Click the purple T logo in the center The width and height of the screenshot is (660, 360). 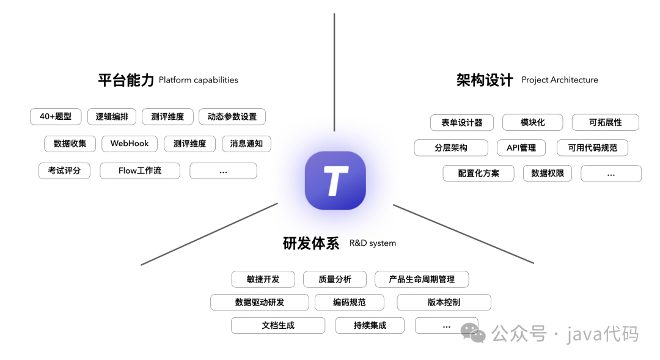(x=335, y=180)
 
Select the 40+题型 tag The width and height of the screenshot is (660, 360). (x=56, y=116)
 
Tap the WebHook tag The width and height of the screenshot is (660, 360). (x=130, y=144)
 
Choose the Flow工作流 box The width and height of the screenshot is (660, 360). (x=140, y=171)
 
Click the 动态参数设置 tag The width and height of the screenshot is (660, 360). (x=232, y=116)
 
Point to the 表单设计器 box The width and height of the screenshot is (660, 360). (x=462, y=122)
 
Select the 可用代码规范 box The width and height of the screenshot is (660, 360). (x=592, y=147)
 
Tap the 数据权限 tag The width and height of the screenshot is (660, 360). (x=548, y=173)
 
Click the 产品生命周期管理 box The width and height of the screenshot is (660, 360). (x=422, y=279)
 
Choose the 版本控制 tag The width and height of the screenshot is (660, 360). (x=444, y=302)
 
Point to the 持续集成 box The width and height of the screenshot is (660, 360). (x=370, y=325)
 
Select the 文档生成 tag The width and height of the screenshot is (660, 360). (x=278, y=325)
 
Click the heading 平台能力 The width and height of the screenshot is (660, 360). (x=126, y=80)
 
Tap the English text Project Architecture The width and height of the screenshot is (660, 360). (x=560, y=80)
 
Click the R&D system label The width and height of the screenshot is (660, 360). (x=373, y=243)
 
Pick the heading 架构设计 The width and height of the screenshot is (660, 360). (x=485, y=80)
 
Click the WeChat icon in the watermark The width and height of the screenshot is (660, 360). (x=474, y=332)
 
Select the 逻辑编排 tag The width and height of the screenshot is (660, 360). (x=112, y=116)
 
